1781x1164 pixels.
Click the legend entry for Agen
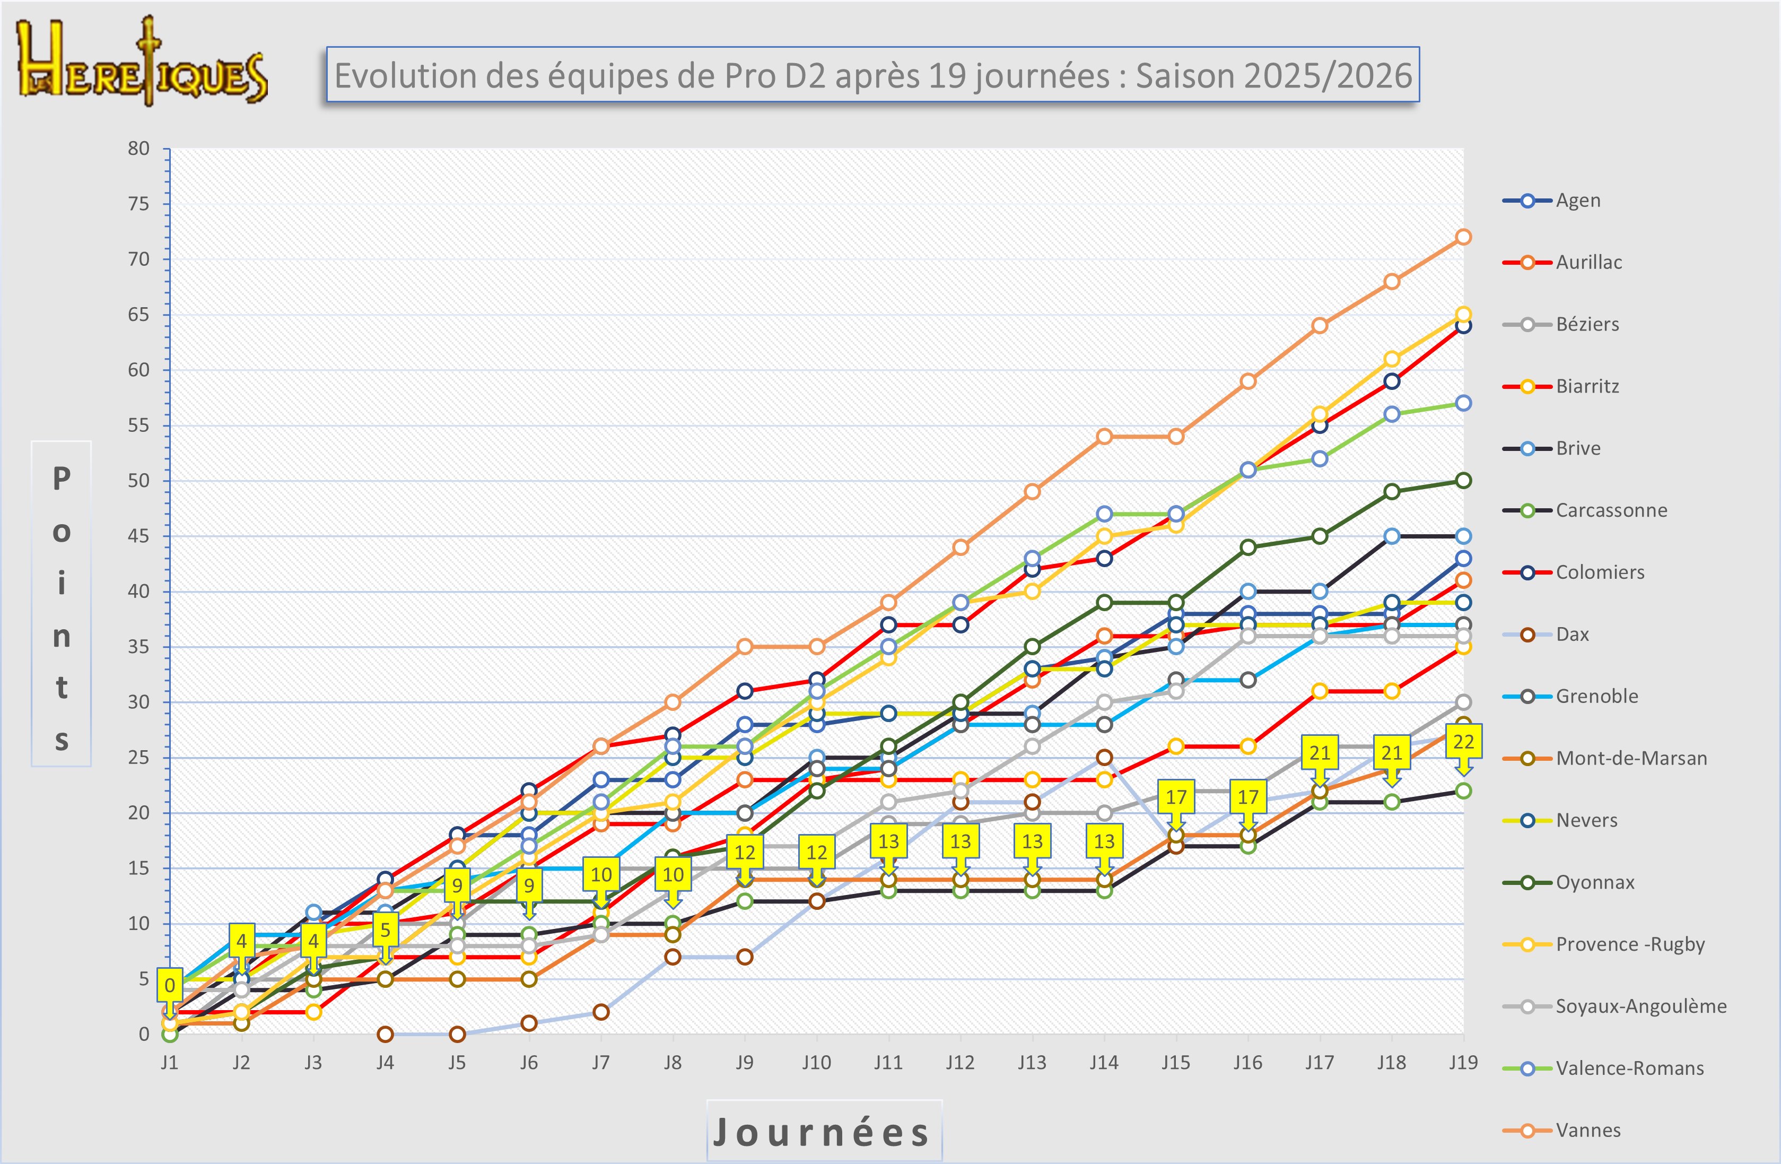click(1577, 201)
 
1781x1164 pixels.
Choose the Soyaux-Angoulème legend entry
click(1640, 1006)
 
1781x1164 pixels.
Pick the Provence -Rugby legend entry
click(1629, 944)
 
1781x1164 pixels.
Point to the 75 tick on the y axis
click(138, 204)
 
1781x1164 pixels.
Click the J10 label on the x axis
click(816, 1062)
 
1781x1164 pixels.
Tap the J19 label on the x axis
click(1463, 1062)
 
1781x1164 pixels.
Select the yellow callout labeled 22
click(1463, 742)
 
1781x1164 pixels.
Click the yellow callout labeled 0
click(170, 985)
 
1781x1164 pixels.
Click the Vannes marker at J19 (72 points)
click(1463, 237)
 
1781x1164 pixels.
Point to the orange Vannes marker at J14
click(1104, 437)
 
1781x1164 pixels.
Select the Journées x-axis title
click(823, 1131)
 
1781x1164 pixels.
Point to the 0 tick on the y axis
click(144, 1033)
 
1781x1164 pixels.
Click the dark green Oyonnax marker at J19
click(1463, 481)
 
